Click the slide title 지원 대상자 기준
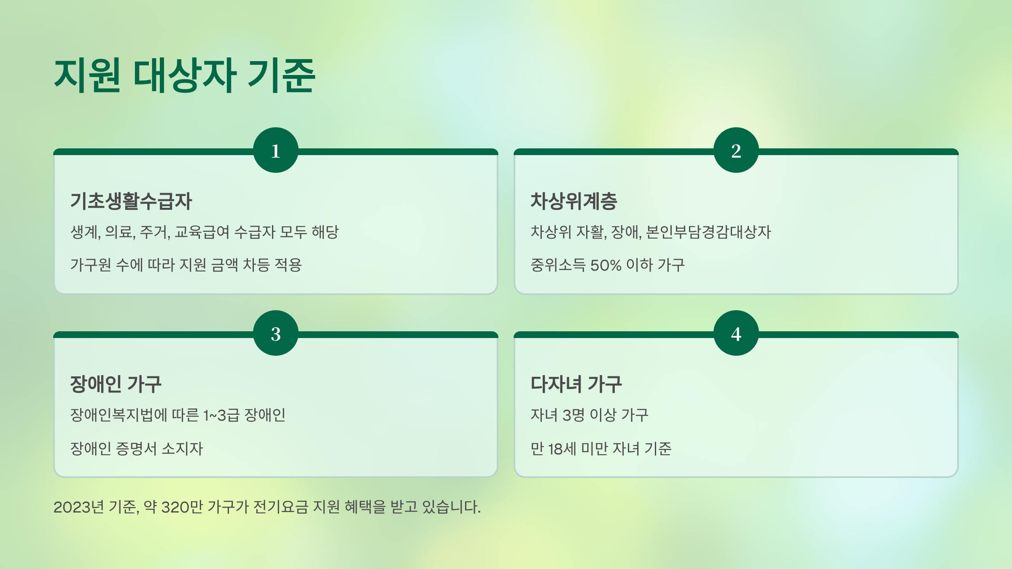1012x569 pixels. [184, 76]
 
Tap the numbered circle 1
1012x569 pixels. [276, 150]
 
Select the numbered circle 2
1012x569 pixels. [736, 150]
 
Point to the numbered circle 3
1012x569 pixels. [276, 333]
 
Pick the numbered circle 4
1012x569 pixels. [736, 333]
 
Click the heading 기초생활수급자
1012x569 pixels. [131, 201]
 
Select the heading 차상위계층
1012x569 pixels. [573, 201]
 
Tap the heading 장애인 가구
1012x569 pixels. [116, 384]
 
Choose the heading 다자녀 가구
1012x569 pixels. [576, 384]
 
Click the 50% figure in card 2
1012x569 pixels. [606, 266]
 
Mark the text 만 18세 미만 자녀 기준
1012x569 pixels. [601, 449]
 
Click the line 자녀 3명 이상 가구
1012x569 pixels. [589, 416]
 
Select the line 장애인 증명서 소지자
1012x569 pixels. [136, 449]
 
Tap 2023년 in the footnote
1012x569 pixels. [78, 507]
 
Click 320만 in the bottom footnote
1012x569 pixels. [182, 507]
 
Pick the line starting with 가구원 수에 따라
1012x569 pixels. [186, 265]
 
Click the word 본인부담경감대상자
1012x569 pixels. [708, 232]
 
